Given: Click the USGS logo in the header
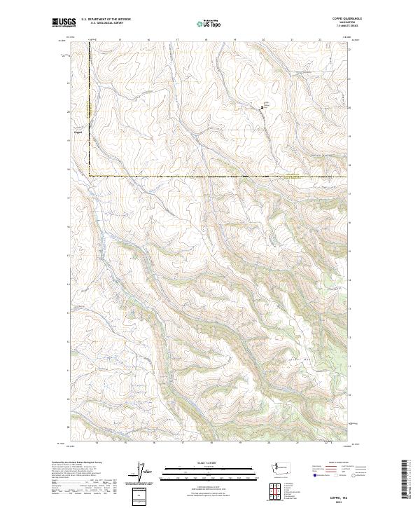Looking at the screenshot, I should point(64,23).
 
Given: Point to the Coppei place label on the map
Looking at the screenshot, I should point(78,129).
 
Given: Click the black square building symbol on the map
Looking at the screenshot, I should point(262,107).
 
